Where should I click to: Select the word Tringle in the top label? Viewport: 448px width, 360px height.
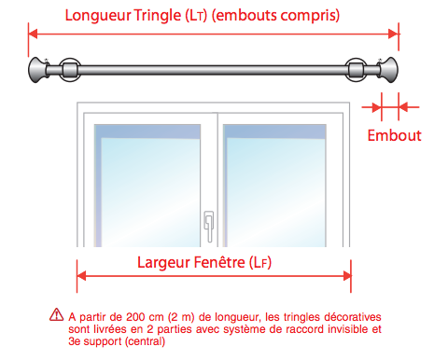(x=158, y=16)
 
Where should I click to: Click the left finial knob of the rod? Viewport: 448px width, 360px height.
(x=36, y=70)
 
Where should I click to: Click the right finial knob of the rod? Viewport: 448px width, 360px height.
(x=389, y=70)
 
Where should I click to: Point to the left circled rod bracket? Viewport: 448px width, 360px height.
(x=70, y=70)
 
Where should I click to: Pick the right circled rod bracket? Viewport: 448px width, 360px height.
(x=356, y=70)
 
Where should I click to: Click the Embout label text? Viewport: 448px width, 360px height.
(x=394, y=136)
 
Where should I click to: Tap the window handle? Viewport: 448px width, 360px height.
(x=209, y=227)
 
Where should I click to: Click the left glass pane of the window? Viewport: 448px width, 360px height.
(x=147, y=186)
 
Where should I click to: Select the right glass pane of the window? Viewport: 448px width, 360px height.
(x=274, y=186)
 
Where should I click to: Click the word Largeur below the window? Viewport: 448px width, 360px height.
(x=163, y=263)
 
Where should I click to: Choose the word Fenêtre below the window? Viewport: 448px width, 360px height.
(x=219, y=262)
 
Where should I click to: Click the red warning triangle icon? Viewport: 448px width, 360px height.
(x=56, y=314)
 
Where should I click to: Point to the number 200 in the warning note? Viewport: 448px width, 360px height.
(x=135, y=317)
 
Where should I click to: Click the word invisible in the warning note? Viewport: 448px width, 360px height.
(x=342, y=329)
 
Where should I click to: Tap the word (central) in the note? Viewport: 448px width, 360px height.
(x=145, y=341)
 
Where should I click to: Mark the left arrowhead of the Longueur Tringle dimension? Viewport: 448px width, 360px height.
(x=33, y=34)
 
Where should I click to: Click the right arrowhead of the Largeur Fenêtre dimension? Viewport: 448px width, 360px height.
(x=347, y=276)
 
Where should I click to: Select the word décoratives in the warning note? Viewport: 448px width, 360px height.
(x=353, y=317)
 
